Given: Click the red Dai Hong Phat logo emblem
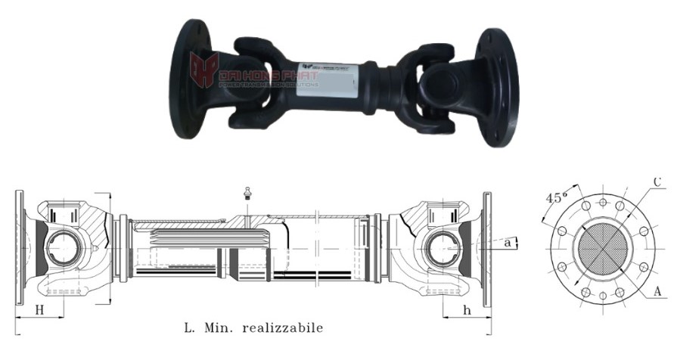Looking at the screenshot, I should (204, 70).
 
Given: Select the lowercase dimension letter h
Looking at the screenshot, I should (467, 309).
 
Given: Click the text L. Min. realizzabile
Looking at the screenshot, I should (253, 328).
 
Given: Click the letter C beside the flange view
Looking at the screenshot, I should (657, 182).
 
